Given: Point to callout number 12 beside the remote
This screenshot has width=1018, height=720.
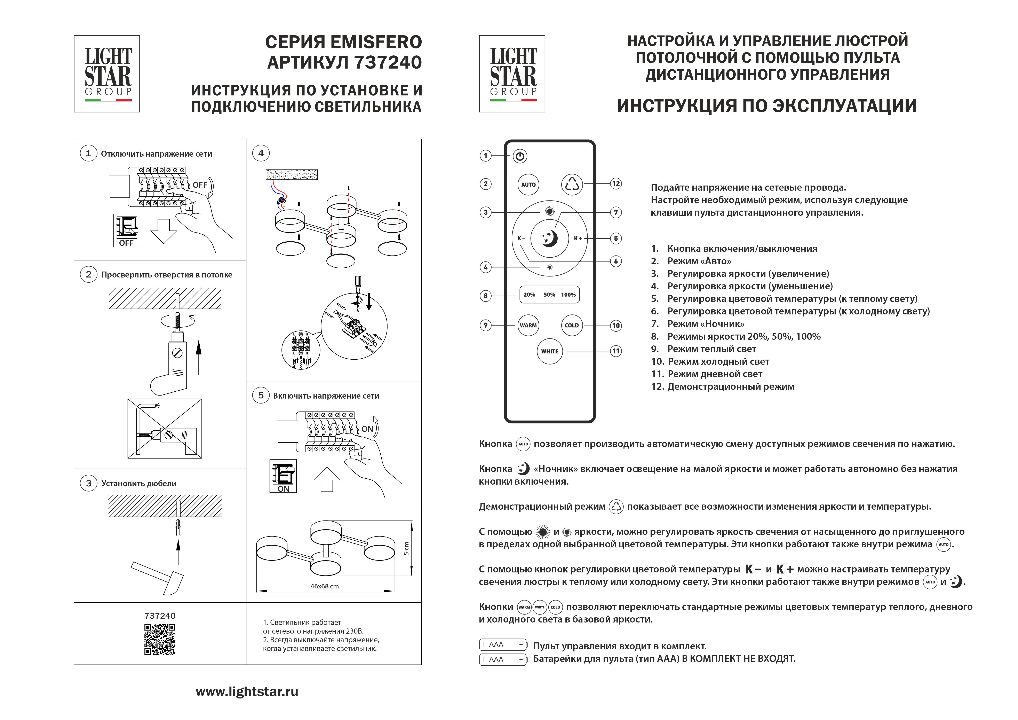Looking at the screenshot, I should pos(616,184).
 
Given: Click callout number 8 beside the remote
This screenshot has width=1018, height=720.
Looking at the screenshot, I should pos(485,296).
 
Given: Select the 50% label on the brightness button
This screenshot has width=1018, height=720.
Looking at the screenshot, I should pos(549,295).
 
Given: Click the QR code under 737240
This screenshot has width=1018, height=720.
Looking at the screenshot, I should pos(160,639).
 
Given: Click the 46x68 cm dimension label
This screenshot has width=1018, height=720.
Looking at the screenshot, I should pos(325,586).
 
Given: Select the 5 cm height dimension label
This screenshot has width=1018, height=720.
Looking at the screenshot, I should pos(406,548).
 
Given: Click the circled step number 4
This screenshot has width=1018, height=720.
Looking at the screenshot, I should pos(261,154).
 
